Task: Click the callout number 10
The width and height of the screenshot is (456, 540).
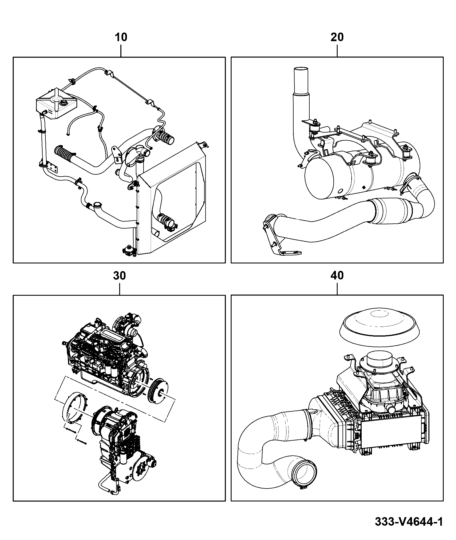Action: (x=121, y=37)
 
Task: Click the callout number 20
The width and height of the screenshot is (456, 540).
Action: (x=337, y=37)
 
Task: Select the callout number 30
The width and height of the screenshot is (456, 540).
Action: (x=120, y=276)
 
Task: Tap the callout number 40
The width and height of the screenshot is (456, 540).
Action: (x=337, y=276)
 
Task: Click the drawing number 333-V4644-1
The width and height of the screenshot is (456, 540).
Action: (x=409, y=522)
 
